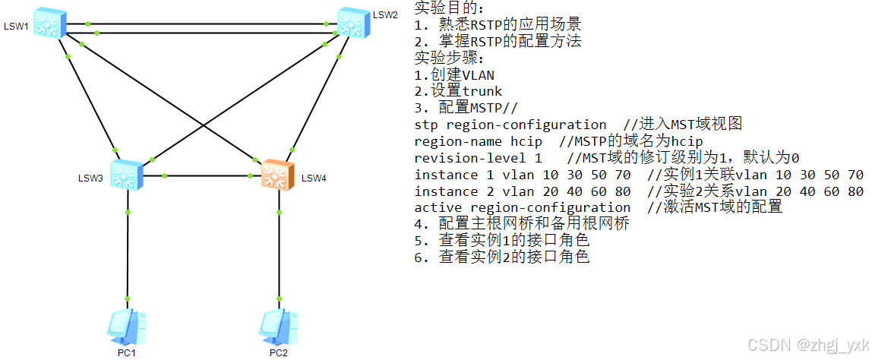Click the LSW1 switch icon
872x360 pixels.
[50, 24]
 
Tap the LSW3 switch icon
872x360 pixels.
[127, 175]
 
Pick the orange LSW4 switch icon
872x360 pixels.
[277, 175]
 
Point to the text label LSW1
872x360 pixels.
[16, 27]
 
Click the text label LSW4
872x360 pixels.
[314, 178]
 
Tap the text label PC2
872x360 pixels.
[279, 352]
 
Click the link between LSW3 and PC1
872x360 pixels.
[127, 251]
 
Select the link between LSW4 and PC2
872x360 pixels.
[278, 251]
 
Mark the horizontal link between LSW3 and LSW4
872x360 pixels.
[202, 175]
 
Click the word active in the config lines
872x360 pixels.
[438, 207]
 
